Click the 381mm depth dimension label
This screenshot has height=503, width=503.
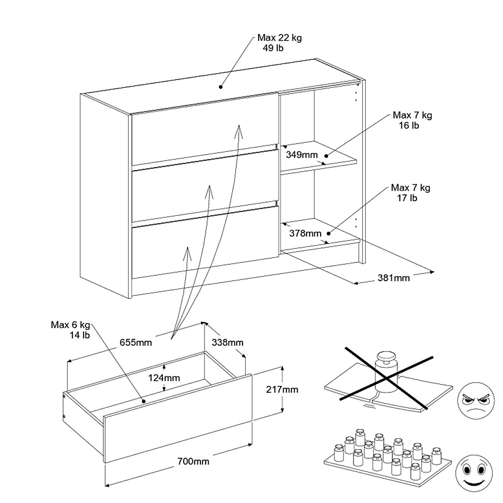coord(394,278)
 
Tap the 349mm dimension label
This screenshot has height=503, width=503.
coord(302,155)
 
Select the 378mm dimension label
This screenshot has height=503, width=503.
coord(305,233)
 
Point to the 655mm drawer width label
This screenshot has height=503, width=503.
coord(136,342)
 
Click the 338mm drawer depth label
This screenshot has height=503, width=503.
coord(227,342)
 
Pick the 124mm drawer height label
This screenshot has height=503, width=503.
coord(164,378)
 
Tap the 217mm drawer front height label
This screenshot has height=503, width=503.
coord(282,390)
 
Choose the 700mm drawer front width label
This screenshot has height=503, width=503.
coord(193,461)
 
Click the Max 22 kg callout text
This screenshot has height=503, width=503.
coord(279,38)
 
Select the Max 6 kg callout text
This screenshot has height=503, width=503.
coord(70,325)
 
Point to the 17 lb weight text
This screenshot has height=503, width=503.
coord(407,198)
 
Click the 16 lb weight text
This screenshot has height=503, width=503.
coord(409,125)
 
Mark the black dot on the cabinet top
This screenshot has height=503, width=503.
coord(220,86)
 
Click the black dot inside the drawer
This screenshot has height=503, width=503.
coord(144,401)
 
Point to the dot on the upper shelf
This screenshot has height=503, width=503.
coord(326,156)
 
